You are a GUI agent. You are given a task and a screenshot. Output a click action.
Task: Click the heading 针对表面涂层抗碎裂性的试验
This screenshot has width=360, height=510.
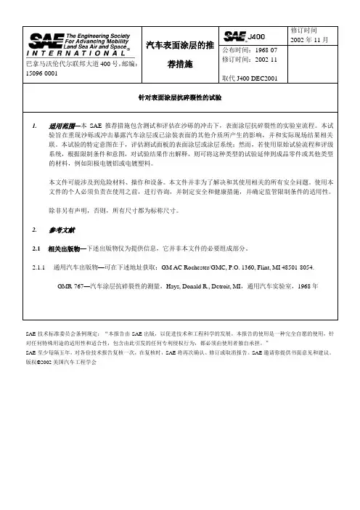tap(179, 97)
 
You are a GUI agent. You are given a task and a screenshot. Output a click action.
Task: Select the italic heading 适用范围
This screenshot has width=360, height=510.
tap(61, 125)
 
